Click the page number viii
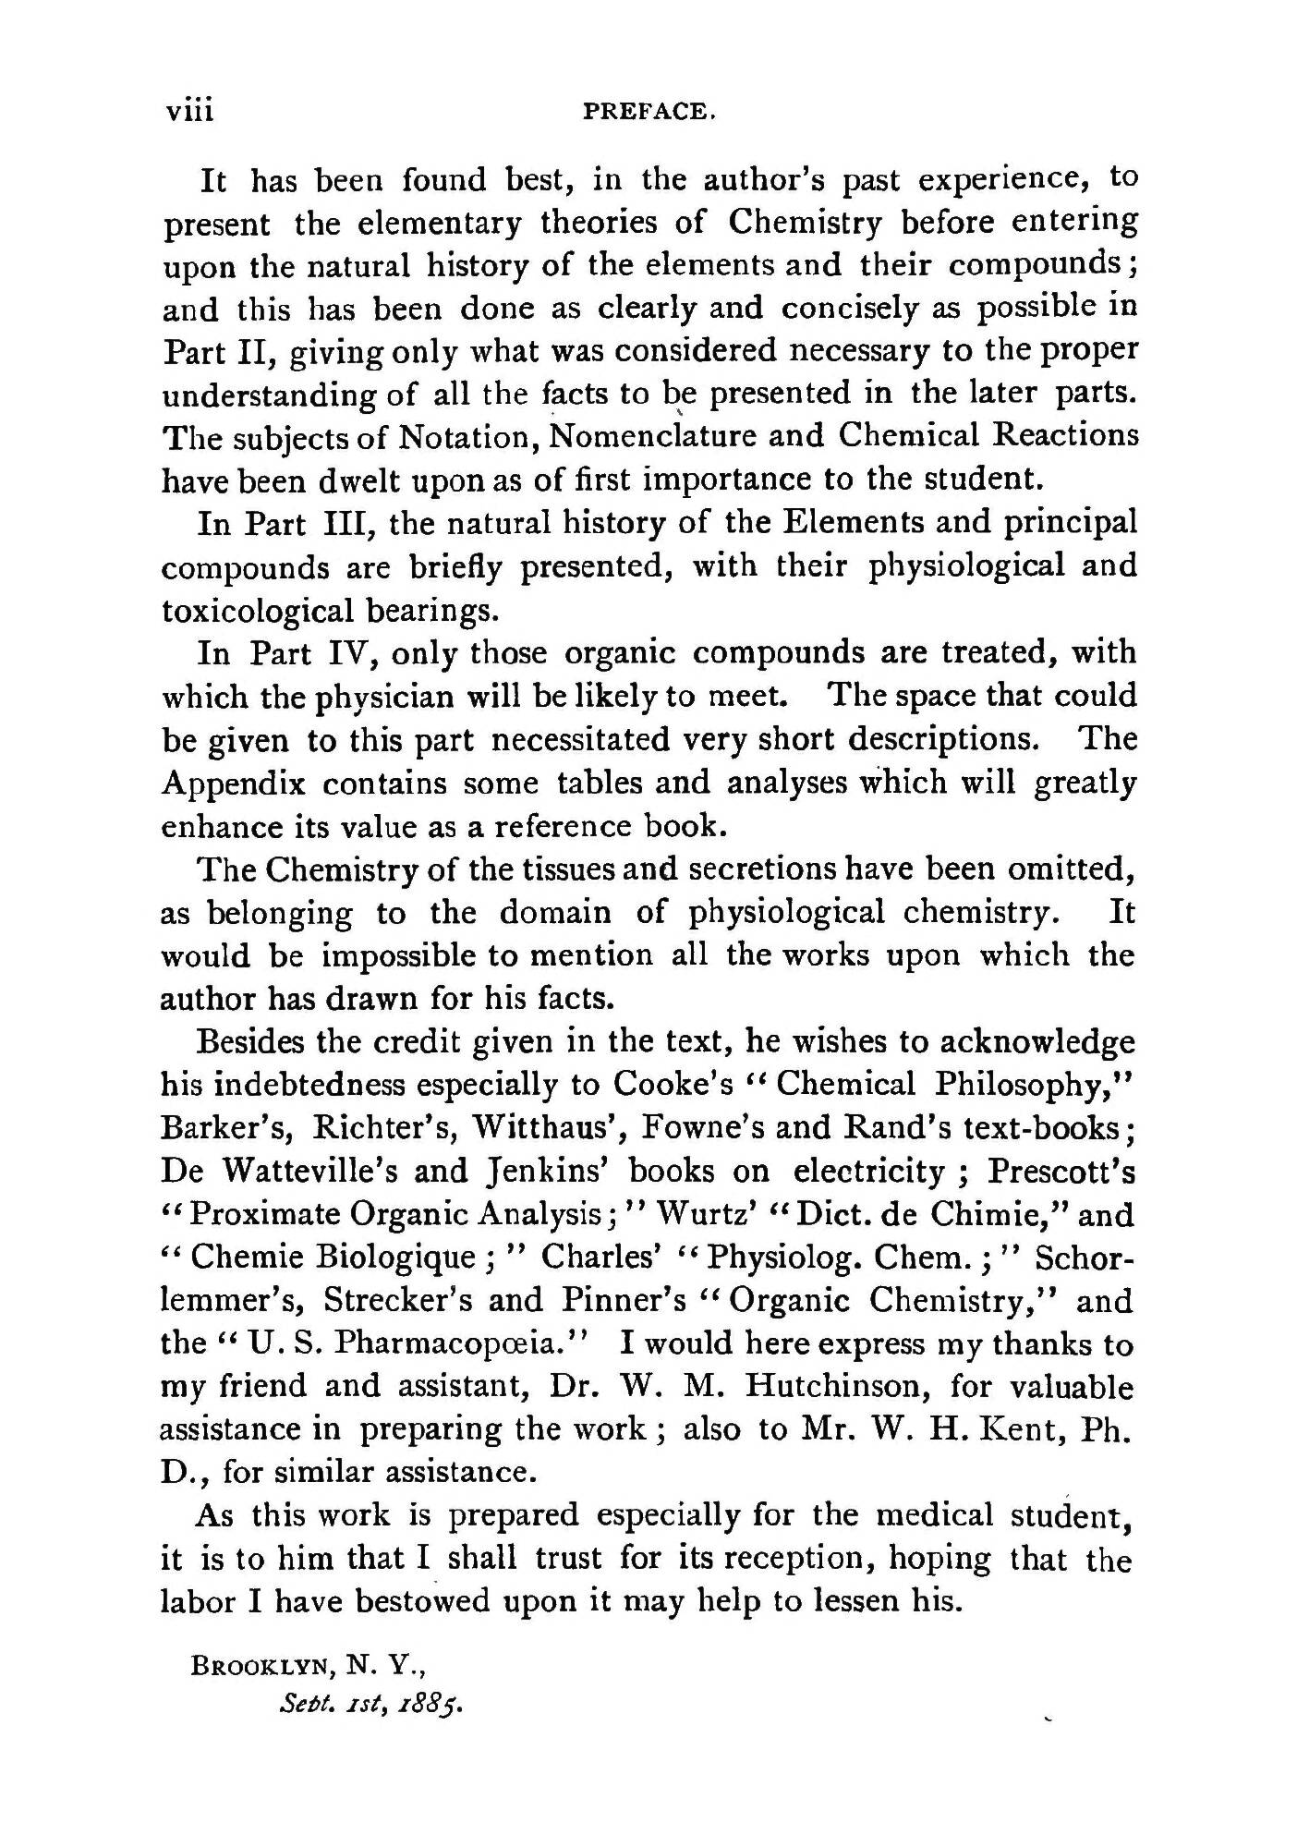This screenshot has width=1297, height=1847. click(x=189, y=111)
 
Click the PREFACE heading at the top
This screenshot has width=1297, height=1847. click(x=650, y=112)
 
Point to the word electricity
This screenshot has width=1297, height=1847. click(x=869, y=1171)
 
